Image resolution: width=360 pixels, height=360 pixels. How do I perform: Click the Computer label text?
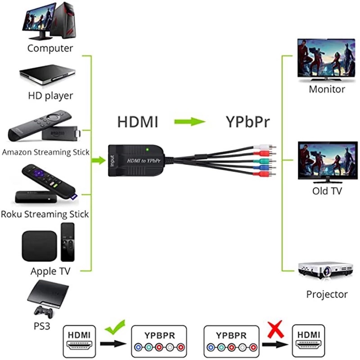[50, 48]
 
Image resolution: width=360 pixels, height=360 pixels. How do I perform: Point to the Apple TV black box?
[39, 246]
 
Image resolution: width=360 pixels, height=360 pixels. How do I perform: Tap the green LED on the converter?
[147, 149]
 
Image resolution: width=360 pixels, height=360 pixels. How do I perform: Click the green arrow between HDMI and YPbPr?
[189, 122]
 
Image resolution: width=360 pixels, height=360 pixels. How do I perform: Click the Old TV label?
[327, 191]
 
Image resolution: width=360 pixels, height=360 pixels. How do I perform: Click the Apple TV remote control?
[67, 242]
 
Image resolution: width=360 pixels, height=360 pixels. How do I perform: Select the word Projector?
[327, 294]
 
